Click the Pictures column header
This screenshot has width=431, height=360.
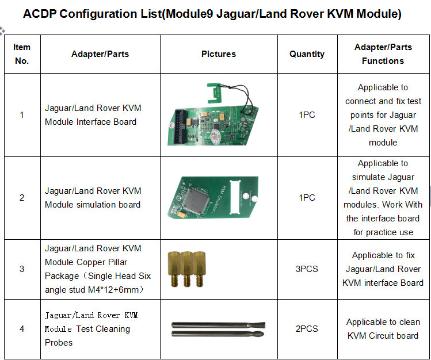(219, 54)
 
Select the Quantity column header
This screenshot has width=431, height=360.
(307, 54)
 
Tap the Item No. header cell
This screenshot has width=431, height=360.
(22, 54)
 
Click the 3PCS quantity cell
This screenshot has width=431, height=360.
(307, 269)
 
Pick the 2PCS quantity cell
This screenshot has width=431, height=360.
(307, 329)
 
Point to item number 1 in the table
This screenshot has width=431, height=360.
(22, 115)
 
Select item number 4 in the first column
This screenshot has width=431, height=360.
(22, 329)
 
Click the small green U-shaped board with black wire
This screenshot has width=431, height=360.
(213, 93)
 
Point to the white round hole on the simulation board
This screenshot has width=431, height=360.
(254, 198)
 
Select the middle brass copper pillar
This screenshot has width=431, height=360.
(186, 269)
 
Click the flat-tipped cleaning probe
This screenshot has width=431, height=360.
(219, 325)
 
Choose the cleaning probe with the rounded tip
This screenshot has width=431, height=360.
(218, 334)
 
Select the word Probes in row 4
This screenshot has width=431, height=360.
(59, 343)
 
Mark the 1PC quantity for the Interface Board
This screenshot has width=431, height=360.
(307, 115)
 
